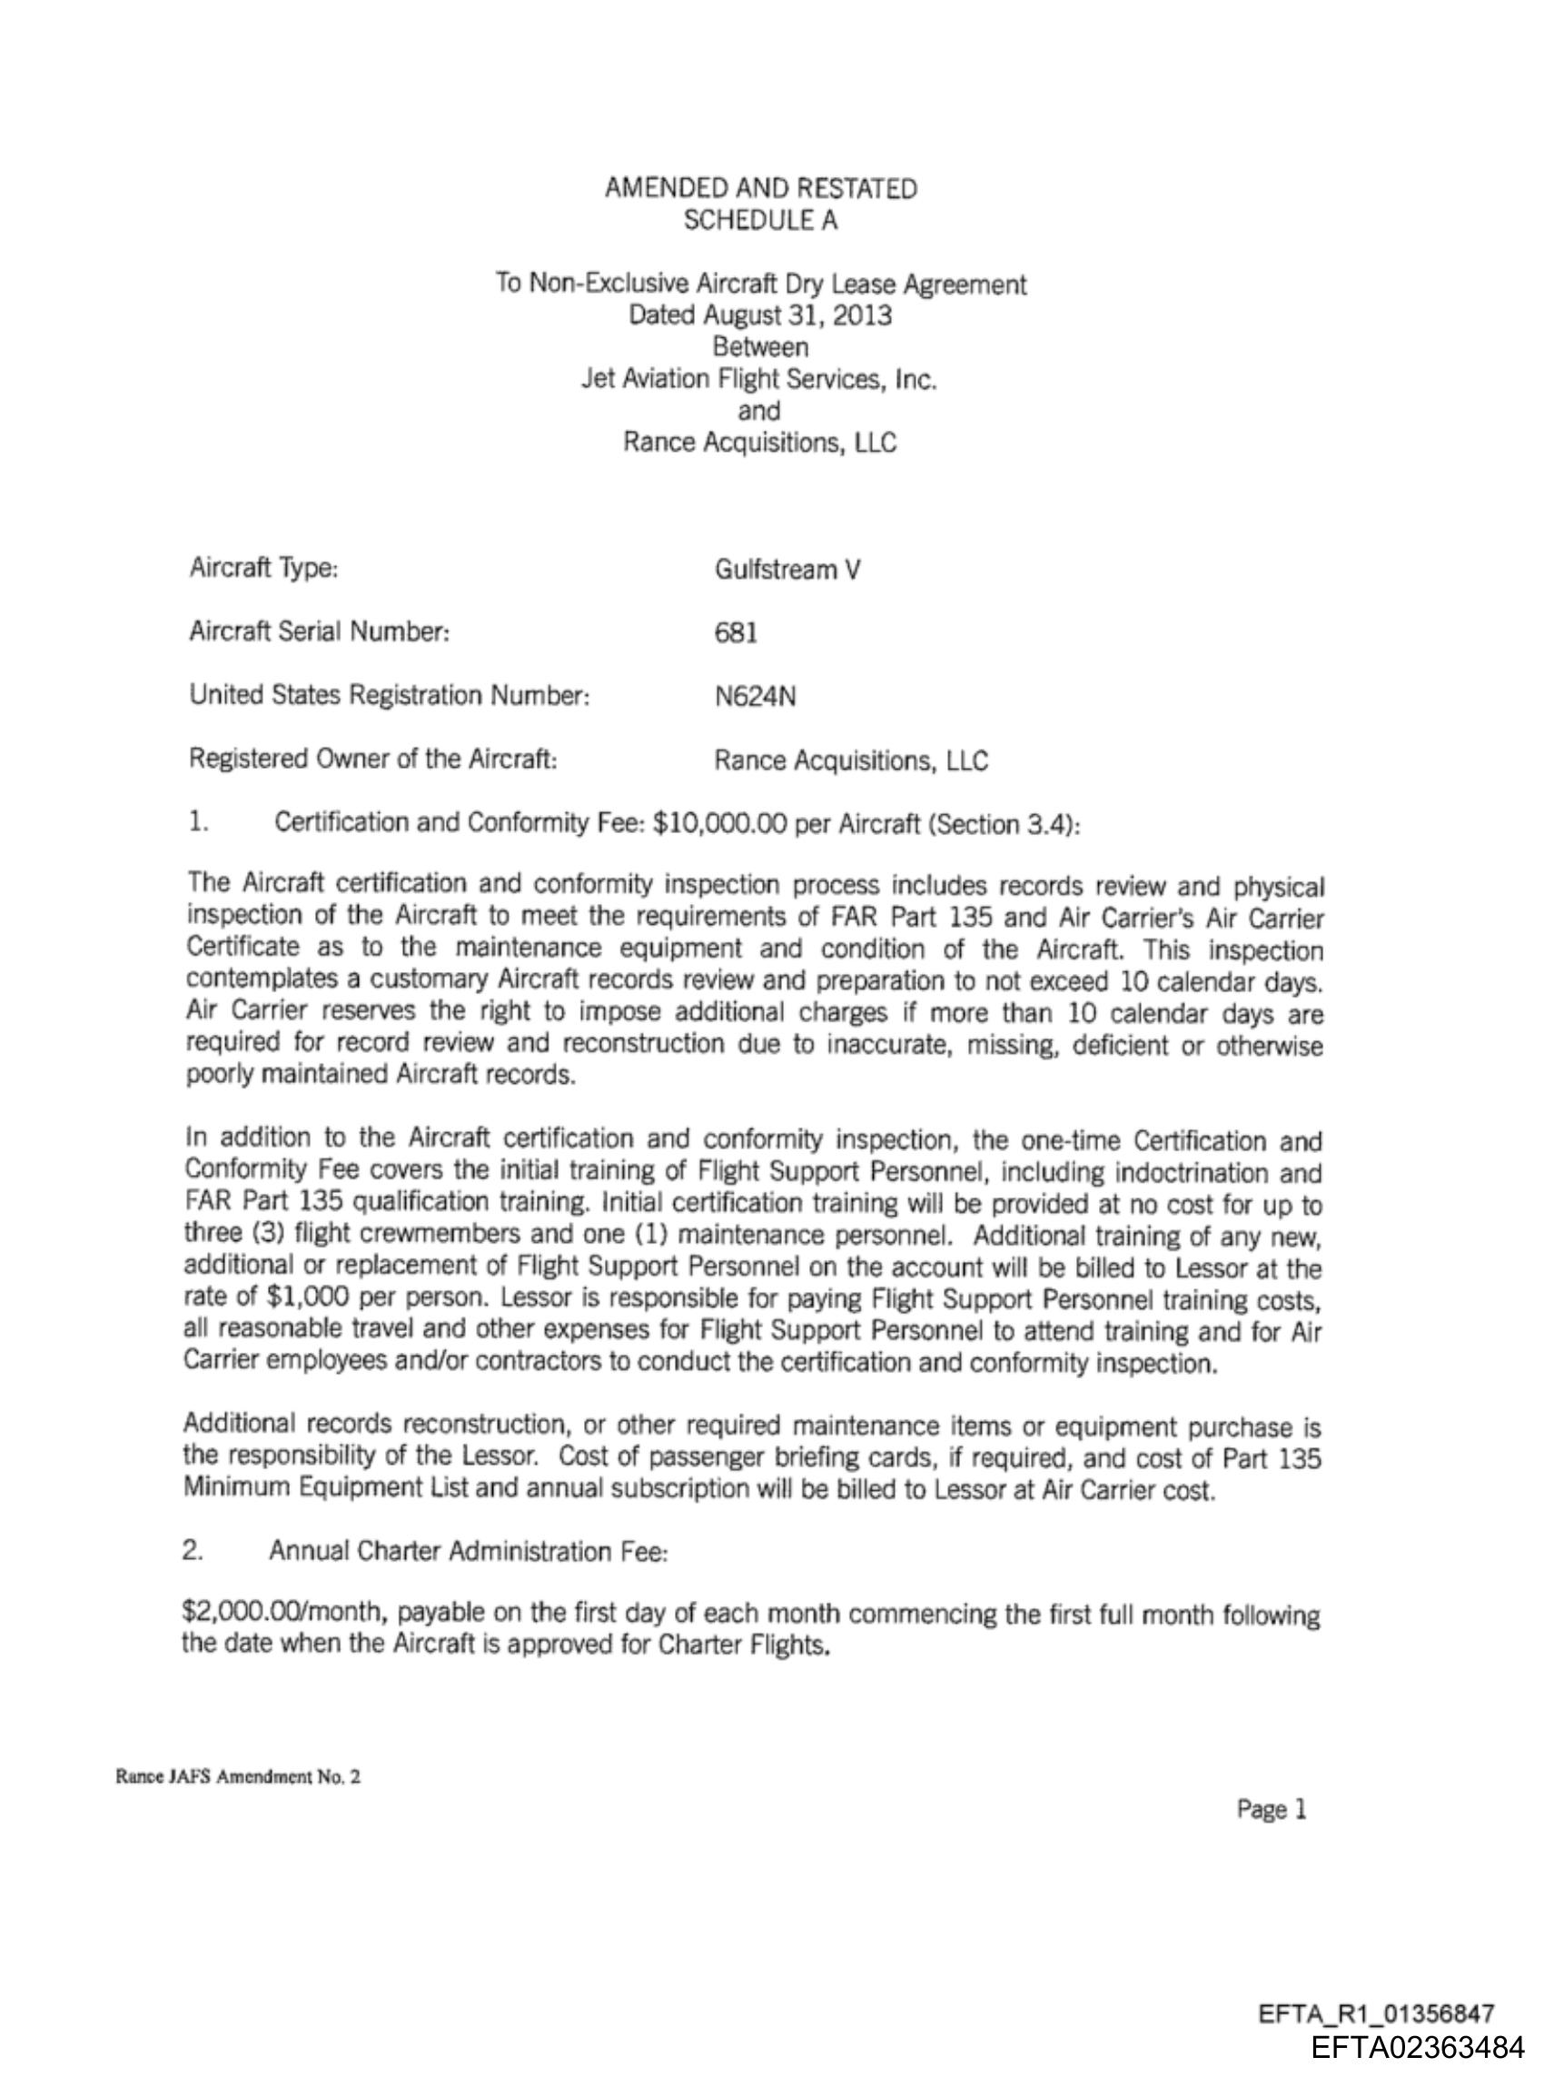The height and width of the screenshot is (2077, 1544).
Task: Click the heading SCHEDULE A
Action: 760,221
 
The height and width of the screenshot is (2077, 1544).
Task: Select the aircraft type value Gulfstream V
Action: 787,570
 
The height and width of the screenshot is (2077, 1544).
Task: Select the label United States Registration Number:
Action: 389,695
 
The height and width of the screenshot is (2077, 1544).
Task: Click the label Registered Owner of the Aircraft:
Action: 373,759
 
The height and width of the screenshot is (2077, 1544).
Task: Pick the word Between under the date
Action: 760,347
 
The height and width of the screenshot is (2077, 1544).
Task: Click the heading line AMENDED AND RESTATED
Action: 760,189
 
